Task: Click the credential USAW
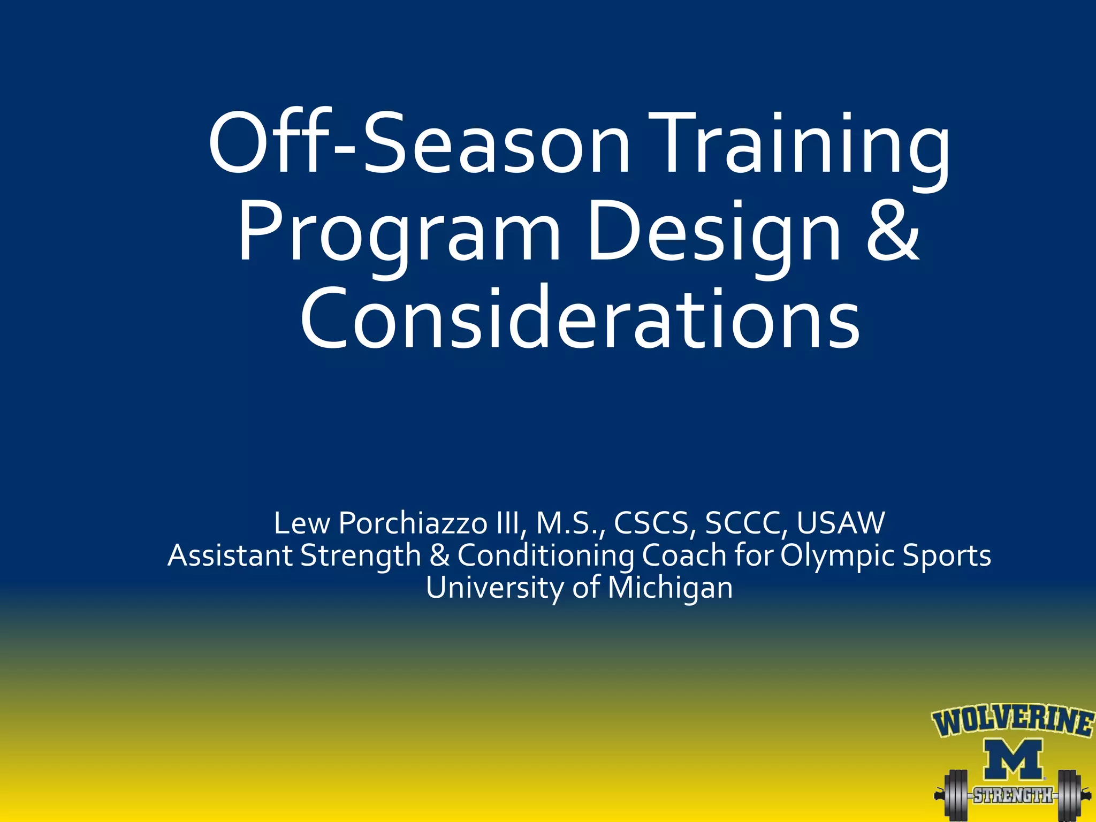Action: pos(840,523)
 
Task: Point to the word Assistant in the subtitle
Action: pos(230,555)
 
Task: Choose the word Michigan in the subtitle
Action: pos(670,588)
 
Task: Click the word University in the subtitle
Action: pos(494,588)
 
